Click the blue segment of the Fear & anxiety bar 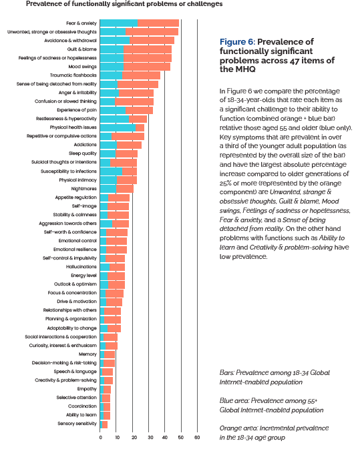coord(119,23)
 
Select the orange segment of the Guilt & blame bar coord(148,49)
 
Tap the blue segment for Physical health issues coord(118,127)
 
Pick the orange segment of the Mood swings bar coord(147,67)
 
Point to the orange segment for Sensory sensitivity coord(105,424)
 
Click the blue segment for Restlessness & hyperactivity coord(114,119)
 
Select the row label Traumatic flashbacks coord(73,75)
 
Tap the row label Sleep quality coord(83,153)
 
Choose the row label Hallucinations coord(81,267)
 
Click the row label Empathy coord(87,389)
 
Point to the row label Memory coord(87,354)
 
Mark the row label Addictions coord(85,145)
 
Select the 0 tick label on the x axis coord(100,438)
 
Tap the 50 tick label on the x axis coord(180,438)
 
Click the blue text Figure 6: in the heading coord(237,42)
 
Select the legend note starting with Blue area coord(271,406)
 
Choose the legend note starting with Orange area coord(274,433)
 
